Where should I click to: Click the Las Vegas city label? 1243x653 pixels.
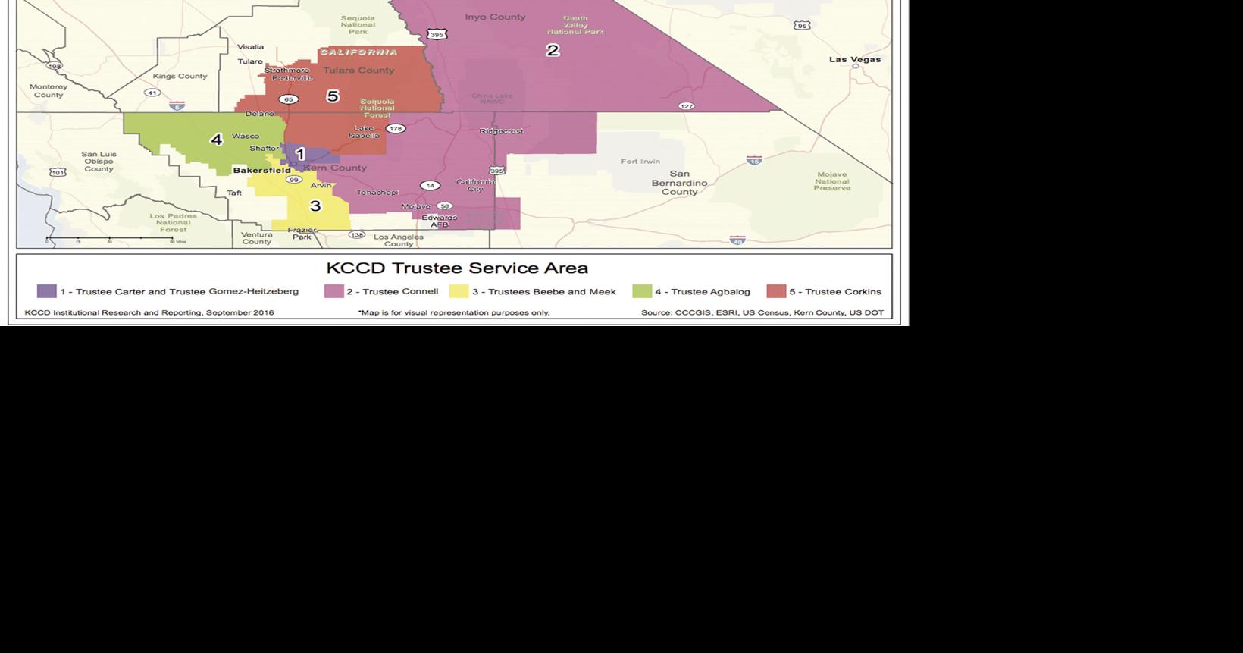tap(854, 59)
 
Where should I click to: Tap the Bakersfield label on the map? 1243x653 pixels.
tap(261, 171)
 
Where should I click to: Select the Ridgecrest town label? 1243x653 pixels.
tap(501, 131)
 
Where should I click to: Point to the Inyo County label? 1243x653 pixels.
tap(495, 17)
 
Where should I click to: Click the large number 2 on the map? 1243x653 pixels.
tap(553, 50)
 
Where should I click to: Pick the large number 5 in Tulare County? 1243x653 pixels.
tap(332, 96)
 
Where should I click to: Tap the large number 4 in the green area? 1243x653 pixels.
tap(217, 140)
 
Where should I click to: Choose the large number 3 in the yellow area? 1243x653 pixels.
tap(315, 206)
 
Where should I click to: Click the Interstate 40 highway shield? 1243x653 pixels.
tap(737, 240)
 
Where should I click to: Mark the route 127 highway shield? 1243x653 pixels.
tap(686, 106)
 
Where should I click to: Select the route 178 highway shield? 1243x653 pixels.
tap(395, 129)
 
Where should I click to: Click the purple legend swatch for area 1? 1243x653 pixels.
tap(46, 291)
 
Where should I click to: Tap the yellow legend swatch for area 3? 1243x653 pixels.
tap(459, 291)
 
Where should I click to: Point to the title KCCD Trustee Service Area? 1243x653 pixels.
tap(457, 268)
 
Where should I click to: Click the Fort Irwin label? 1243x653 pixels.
tap(640, 162)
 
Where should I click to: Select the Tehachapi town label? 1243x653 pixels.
tap(377, 193)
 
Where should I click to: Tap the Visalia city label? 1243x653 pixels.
tap(251, 47)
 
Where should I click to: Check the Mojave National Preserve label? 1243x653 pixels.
tap(831, 181)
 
